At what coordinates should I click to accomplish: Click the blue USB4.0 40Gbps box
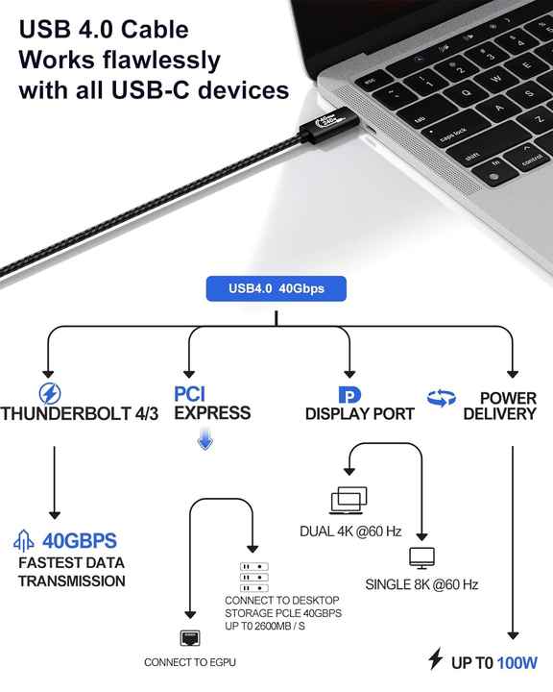click(x=276, y=288)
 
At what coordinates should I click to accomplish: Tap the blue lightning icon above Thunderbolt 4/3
click(x=50, y=394)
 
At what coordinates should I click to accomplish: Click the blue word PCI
click(x=190, y=394)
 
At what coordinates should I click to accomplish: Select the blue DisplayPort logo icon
click(x=349, y=395)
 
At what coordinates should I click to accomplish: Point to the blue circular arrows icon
click(x=442, y=398)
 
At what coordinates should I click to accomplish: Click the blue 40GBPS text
click(x=80, y=541)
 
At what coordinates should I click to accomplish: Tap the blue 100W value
click(x=517, y=663)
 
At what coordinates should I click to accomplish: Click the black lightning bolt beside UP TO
click(x=436, y=659)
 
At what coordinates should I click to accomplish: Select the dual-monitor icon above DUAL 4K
click(x=349, y=501)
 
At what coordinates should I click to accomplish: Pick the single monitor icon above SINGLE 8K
click(x=422, y=558)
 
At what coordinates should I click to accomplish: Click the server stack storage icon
click(x=254, y=578)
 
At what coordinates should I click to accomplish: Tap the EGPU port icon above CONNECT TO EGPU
click(x=190, y=638)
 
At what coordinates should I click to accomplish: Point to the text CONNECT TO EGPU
click(x=190, y=662)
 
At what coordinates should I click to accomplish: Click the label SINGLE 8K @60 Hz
click(x=421, y=584)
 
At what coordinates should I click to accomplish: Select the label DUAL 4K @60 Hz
click(x=350, y=531)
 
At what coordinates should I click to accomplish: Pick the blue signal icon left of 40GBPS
click(x=24, y=541)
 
